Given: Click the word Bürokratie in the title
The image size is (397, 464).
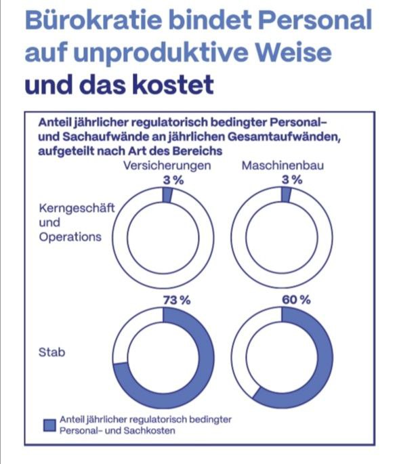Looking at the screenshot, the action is [93, 20].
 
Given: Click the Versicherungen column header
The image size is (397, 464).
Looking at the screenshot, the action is [167, 165].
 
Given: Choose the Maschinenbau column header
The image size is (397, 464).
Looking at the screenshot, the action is [283, 165].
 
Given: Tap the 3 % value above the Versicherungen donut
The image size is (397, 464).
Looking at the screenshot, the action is [173, 180].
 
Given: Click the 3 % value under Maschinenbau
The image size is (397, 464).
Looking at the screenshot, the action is [292, 180].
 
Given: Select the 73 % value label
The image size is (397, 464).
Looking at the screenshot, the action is [177, 300].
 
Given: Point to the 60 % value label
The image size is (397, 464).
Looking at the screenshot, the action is [296, 300].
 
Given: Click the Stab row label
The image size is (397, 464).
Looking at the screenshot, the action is [51, 352].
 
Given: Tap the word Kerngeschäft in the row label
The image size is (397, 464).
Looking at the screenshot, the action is [77, 209].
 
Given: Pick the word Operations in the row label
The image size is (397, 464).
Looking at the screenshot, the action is [70, 237].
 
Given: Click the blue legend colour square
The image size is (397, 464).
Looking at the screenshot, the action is [49, 425].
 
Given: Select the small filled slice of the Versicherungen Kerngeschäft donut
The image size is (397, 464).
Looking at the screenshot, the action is [167, 196].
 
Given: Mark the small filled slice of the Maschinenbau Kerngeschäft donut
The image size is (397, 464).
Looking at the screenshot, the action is [286, 195].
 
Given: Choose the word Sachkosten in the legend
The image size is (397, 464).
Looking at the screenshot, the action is [150, 430].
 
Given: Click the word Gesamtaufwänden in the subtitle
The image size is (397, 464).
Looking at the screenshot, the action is [284, 137].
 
